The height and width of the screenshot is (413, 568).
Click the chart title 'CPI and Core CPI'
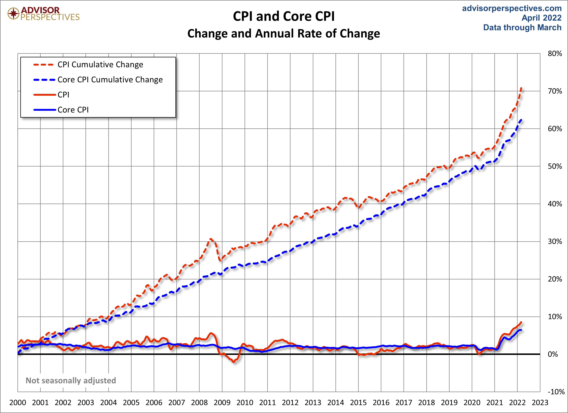284,16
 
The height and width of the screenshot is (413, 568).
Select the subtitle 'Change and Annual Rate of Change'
284,34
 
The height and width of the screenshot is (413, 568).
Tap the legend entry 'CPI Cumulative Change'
100,65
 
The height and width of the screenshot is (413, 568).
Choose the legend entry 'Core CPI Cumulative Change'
110,80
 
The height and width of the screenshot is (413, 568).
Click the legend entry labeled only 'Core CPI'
73,110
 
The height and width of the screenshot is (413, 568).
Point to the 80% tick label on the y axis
555,54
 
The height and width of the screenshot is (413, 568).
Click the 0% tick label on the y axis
553,354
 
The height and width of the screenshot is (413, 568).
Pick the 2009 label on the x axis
222,403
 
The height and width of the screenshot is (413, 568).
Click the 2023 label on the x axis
540,403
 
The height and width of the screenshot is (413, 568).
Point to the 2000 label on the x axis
18,403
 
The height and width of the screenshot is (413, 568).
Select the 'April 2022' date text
542,18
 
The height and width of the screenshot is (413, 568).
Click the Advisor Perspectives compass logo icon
13,13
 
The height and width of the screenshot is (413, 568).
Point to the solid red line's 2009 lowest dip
234,362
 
